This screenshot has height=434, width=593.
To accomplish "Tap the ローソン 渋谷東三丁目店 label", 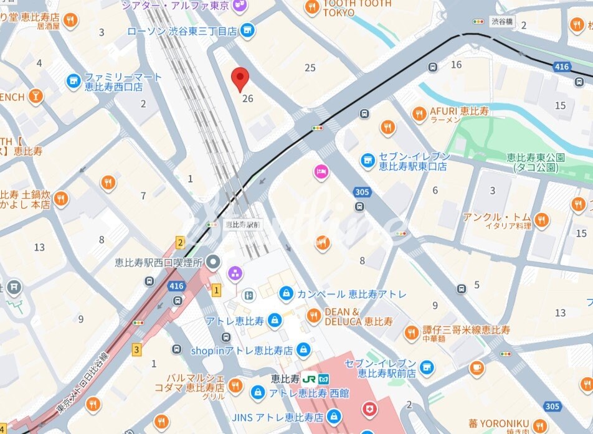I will pos(182,31).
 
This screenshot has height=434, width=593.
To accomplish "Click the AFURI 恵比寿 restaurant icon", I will pos(420,113).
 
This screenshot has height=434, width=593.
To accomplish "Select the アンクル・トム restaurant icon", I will pos(541,220).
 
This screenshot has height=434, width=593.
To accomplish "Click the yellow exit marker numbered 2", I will pos(180,243).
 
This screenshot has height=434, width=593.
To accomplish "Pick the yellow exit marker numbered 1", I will pos(216,290).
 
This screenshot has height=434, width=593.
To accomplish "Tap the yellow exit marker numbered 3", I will pos(136,349).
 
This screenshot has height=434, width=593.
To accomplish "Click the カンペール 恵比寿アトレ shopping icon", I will pos(286,293).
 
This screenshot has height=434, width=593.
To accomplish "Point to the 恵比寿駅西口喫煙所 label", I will pos(159,263).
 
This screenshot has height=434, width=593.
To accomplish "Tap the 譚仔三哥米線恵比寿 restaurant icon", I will pos(411,333).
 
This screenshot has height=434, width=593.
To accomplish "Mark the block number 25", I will pos(310,67).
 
